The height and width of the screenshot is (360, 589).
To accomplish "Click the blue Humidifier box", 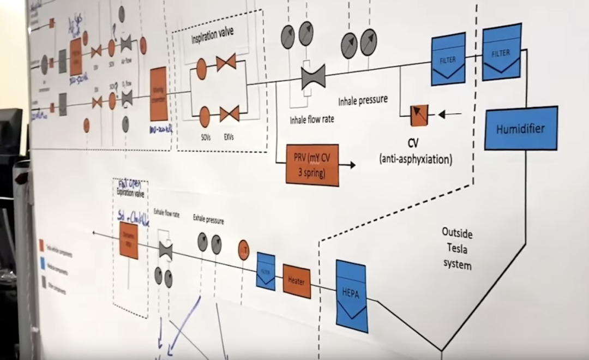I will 521,128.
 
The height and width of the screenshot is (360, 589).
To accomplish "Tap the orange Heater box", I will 297,281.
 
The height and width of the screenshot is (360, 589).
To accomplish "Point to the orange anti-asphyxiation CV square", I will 419,115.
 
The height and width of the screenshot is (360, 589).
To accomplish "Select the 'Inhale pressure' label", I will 363,100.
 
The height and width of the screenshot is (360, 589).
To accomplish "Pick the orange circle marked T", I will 244,249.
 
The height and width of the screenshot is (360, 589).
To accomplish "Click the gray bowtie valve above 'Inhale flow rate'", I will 313,76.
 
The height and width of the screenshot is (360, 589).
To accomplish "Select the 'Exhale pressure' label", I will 208,220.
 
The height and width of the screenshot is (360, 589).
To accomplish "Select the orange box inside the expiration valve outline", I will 129,241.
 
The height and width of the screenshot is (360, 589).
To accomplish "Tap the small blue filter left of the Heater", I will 266,271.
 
